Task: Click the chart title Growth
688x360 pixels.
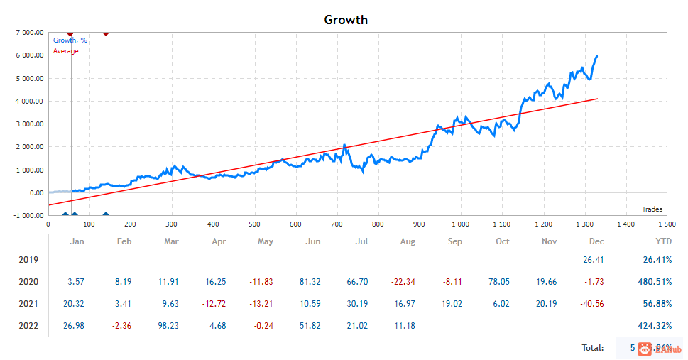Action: (x=346, y=20)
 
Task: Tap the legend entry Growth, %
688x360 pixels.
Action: (x=70, y=40)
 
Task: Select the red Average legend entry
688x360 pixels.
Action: (x=66, y=51)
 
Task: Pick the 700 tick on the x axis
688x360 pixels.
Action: (x=337, y=224)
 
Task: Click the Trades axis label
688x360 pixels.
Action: (x=652, y=209)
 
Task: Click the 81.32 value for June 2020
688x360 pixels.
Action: (x=312, y=282)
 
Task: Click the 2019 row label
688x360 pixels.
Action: (x=29, y=260)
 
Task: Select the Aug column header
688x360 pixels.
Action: (x=408, y=241)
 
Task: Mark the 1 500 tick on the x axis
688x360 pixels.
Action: (x=667, y=224)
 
